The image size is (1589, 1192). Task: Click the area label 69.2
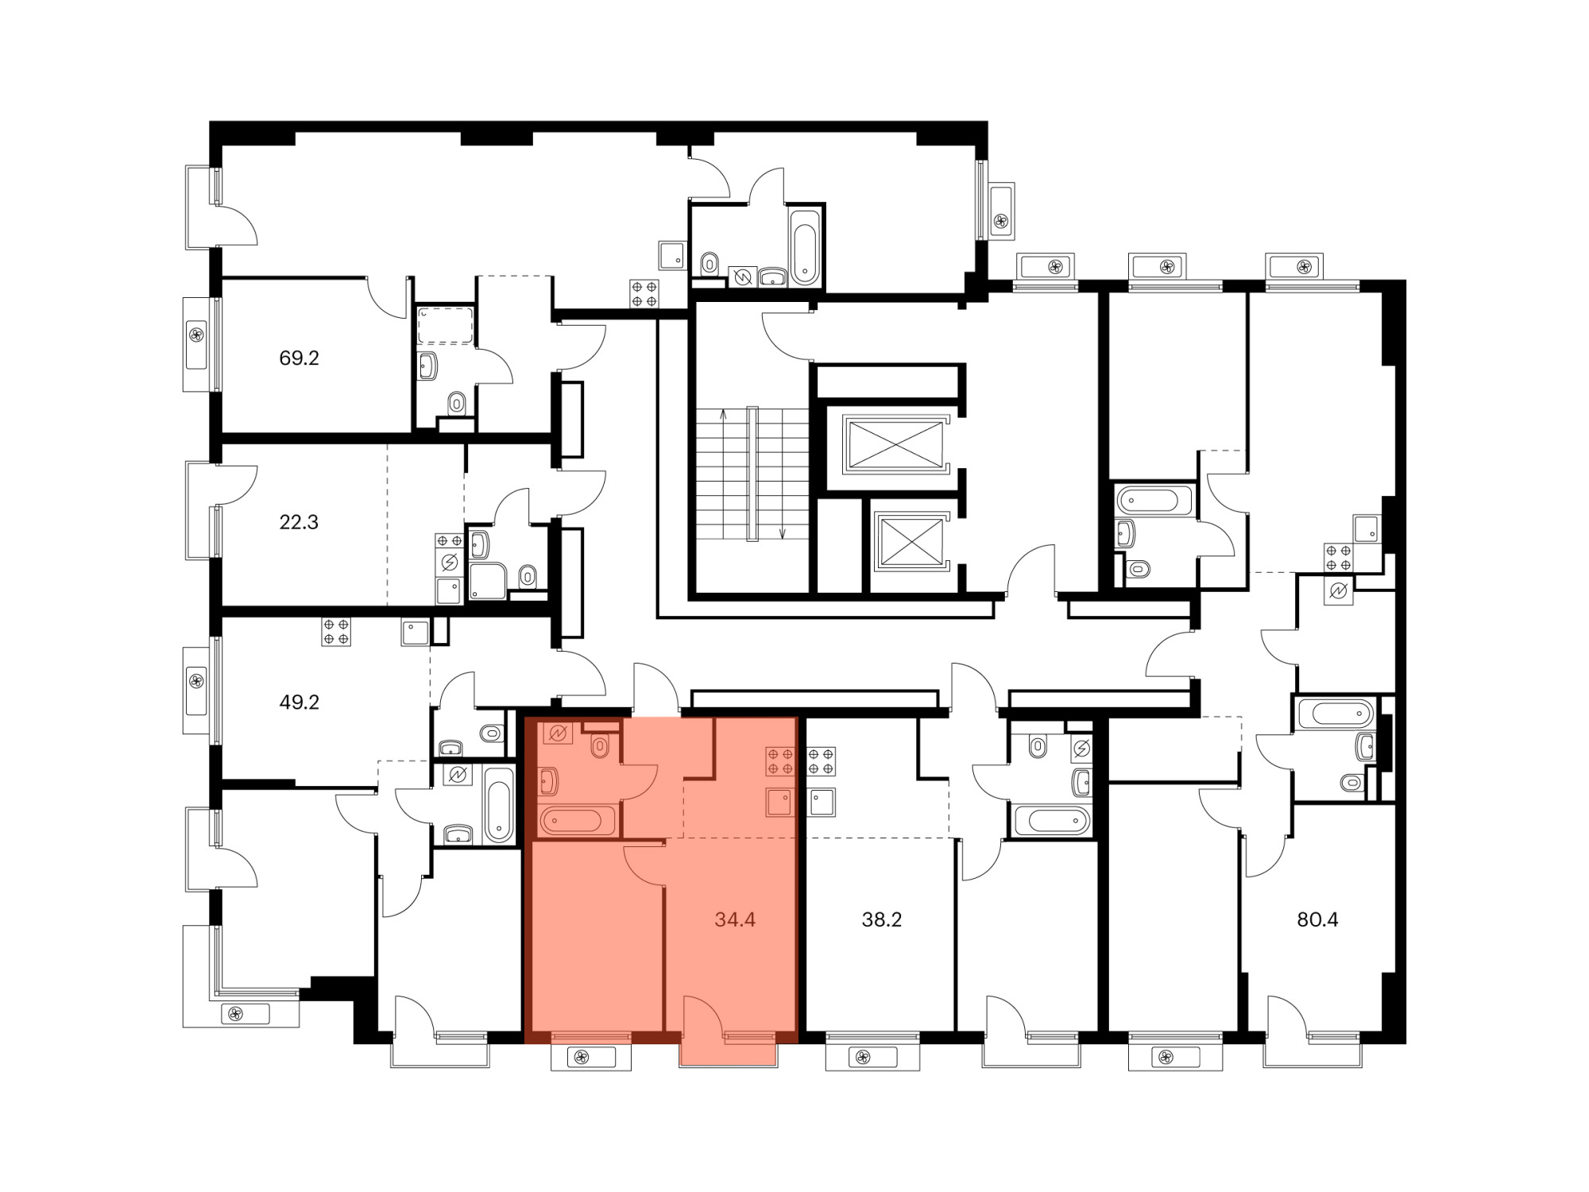299,358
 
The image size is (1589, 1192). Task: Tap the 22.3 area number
299,522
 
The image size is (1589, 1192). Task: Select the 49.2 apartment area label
299,702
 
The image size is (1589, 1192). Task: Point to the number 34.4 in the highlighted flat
735,920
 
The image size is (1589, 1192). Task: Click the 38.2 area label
882,920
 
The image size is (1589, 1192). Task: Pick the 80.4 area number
1317,920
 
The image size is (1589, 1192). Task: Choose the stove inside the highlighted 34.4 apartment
780,760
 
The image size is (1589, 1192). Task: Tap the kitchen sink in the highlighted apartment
780,803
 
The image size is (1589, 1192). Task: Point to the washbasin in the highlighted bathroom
548,782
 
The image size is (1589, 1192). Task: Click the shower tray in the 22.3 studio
487,581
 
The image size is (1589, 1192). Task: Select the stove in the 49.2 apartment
336,632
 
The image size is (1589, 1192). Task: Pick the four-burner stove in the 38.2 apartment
821,760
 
